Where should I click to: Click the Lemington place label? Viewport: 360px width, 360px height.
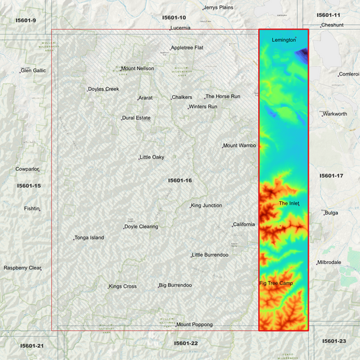284,40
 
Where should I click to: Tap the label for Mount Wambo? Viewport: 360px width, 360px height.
240,145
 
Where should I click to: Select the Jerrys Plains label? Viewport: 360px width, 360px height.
218,7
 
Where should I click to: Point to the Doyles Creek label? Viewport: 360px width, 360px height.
103,89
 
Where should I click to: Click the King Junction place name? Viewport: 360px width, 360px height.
206,205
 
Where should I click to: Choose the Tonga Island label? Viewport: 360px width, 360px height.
89,238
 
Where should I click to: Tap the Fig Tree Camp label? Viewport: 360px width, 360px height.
276,283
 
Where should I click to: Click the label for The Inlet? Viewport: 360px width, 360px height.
288,203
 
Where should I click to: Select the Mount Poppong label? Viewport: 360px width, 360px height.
194,325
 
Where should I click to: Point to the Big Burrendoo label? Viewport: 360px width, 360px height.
176,286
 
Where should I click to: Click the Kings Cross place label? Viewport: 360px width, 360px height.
123,286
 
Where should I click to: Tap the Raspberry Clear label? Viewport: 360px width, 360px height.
22,268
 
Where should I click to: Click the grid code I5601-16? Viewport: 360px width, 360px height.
180,180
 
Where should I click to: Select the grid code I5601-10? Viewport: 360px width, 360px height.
174,17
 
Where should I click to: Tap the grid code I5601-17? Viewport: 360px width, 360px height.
331,176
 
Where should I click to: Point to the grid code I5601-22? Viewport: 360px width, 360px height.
186,343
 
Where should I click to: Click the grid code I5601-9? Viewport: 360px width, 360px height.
26,20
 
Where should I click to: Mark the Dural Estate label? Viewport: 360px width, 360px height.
136,118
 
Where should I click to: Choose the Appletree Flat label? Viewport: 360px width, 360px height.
187,48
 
